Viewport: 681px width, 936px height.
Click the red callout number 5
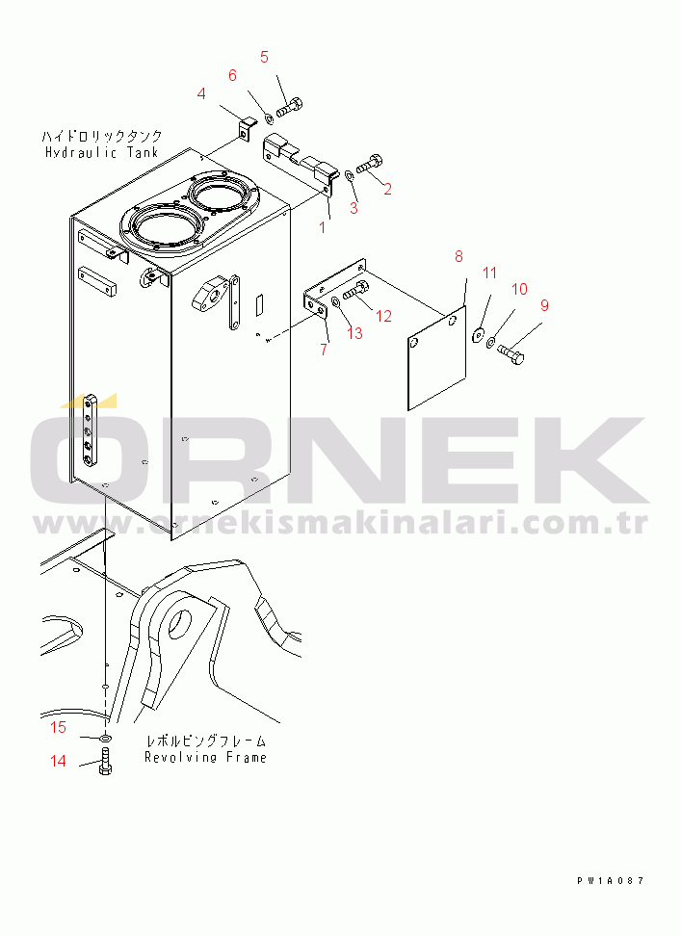pos(264,58)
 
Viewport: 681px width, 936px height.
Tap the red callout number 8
pos(458,257)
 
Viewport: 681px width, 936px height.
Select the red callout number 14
pos(58,761)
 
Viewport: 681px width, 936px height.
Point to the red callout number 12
pos(383,316)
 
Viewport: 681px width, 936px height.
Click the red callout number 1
pos(323,227)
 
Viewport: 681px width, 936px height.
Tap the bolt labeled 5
pos(290,107)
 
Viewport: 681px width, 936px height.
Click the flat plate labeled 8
pos(436,358)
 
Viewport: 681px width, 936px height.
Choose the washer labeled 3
pos(349,175)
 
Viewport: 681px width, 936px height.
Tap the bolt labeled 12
pos(355,290)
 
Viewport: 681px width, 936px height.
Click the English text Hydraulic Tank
pos(102,153)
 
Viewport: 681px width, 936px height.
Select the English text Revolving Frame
pos(205,758)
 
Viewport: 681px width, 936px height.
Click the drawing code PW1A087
pos(610,880)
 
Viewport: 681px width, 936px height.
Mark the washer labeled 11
pos(478,336)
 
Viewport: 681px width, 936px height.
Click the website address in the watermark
pos(341,524)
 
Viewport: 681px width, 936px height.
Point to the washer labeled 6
pos(269,116)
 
